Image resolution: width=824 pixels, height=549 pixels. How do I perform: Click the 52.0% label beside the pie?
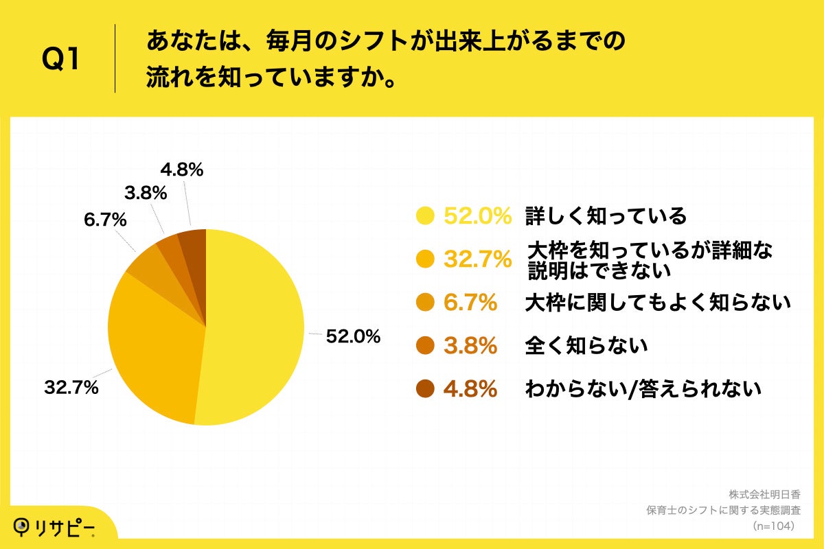click(353, 336)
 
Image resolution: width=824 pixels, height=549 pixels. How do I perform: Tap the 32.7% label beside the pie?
click(71, 388)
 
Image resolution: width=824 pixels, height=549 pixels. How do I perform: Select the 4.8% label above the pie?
click(181, 170)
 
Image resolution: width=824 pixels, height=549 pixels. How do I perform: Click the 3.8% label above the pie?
click(145, 193)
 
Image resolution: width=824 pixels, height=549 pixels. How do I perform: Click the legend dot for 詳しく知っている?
click(426, 216)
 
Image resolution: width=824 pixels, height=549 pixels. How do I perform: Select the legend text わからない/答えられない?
click(643, 389)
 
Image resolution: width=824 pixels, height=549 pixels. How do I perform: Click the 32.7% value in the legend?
click(477, 259)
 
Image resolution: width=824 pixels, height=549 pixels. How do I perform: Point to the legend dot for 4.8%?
click(426, 389)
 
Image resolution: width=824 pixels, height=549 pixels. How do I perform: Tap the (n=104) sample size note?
click(773, 526)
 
